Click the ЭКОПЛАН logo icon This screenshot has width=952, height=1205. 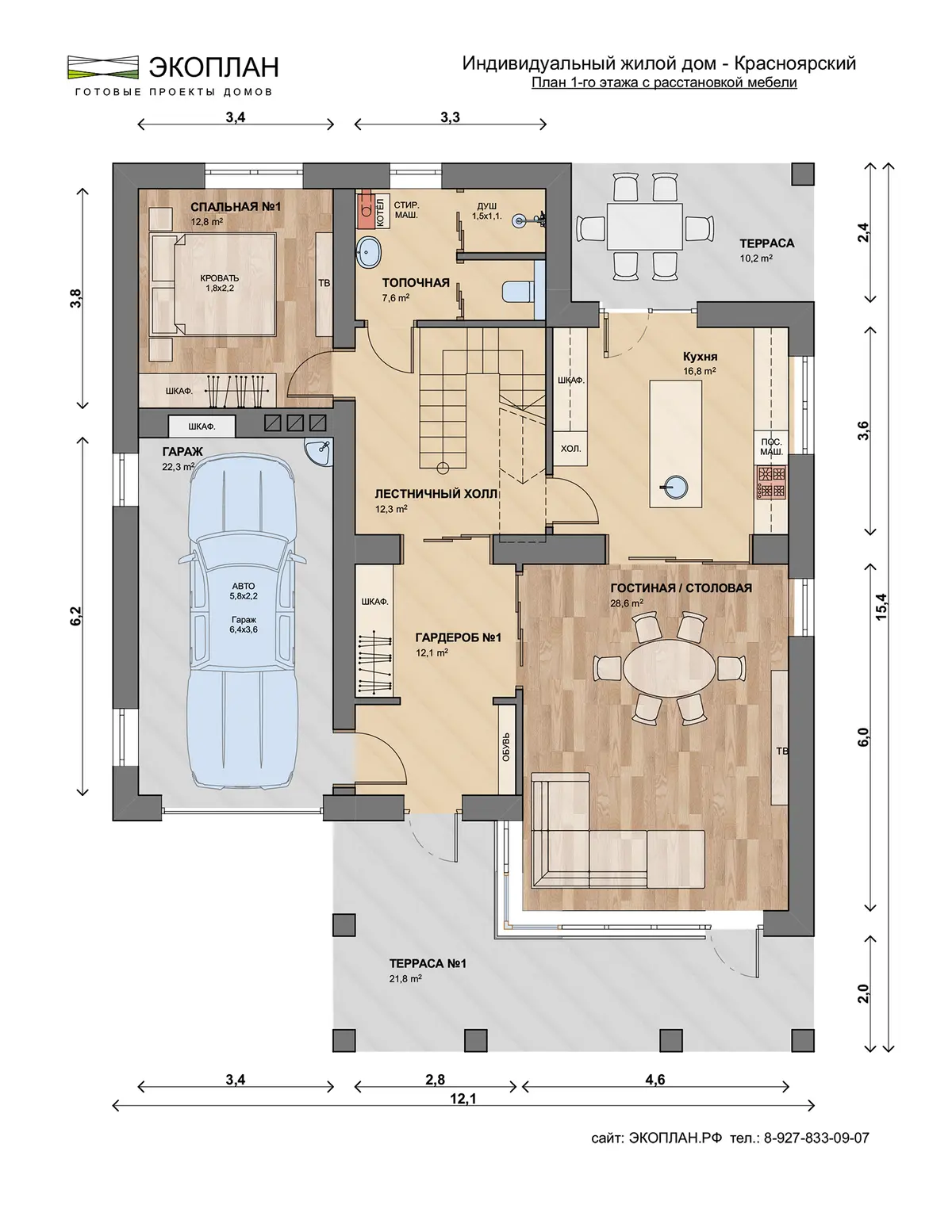[103, 67]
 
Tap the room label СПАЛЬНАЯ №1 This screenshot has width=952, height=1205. [236, 207]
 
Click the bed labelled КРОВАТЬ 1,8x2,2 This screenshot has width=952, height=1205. [213, 285]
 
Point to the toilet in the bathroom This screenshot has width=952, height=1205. [518, 291]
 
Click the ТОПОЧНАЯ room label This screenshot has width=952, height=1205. [416, 283]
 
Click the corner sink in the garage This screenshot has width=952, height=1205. [321, 451]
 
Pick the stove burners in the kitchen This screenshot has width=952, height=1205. [771, 483]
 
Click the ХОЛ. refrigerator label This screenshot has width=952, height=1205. [570, 449]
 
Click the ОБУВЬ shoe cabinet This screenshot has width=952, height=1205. [506, 747]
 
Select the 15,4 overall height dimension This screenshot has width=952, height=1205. [881, 606]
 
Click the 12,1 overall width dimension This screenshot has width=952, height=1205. [463, 1099]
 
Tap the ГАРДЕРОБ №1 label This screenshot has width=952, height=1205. [458, 637]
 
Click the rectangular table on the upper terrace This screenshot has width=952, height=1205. [645, 226]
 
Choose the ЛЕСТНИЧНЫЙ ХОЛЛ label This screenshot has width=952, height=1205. [436, 494]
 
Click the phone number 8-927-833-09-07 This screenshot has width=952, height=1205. [816, 1138]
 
